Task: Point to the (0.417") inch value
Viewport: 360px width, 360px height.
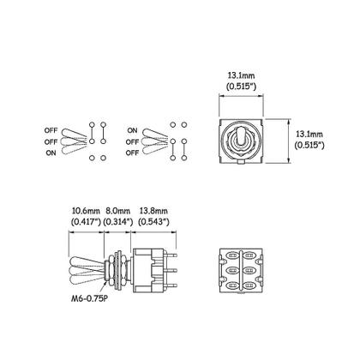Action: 86,221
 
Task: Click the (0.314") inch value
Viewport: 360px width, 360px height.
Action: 117,221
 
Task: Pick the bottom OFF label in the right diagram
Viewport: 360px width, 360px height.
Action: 134,152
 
